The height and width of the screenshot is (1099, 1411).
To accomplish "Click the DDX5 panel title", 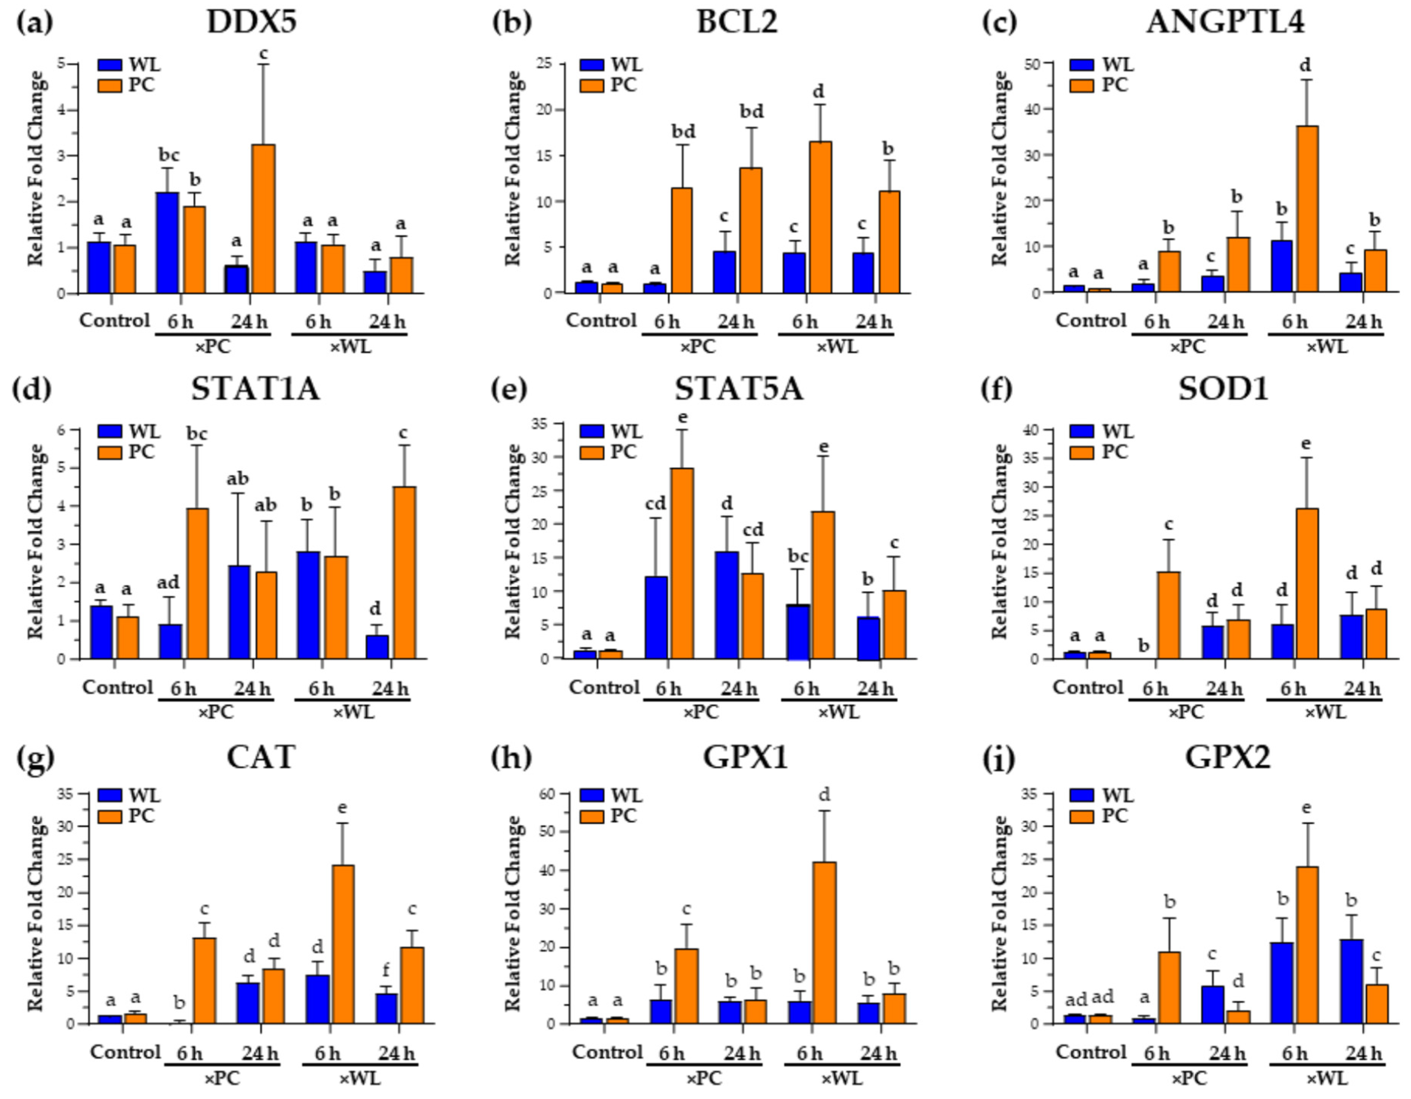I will tap(252, 22).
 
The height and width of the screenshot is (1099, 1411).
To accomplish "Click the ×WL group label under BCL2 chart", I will tap(837, 347).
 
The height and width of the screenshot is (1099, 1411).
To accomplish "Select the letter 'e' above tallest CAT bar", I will tap(342, 808).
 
